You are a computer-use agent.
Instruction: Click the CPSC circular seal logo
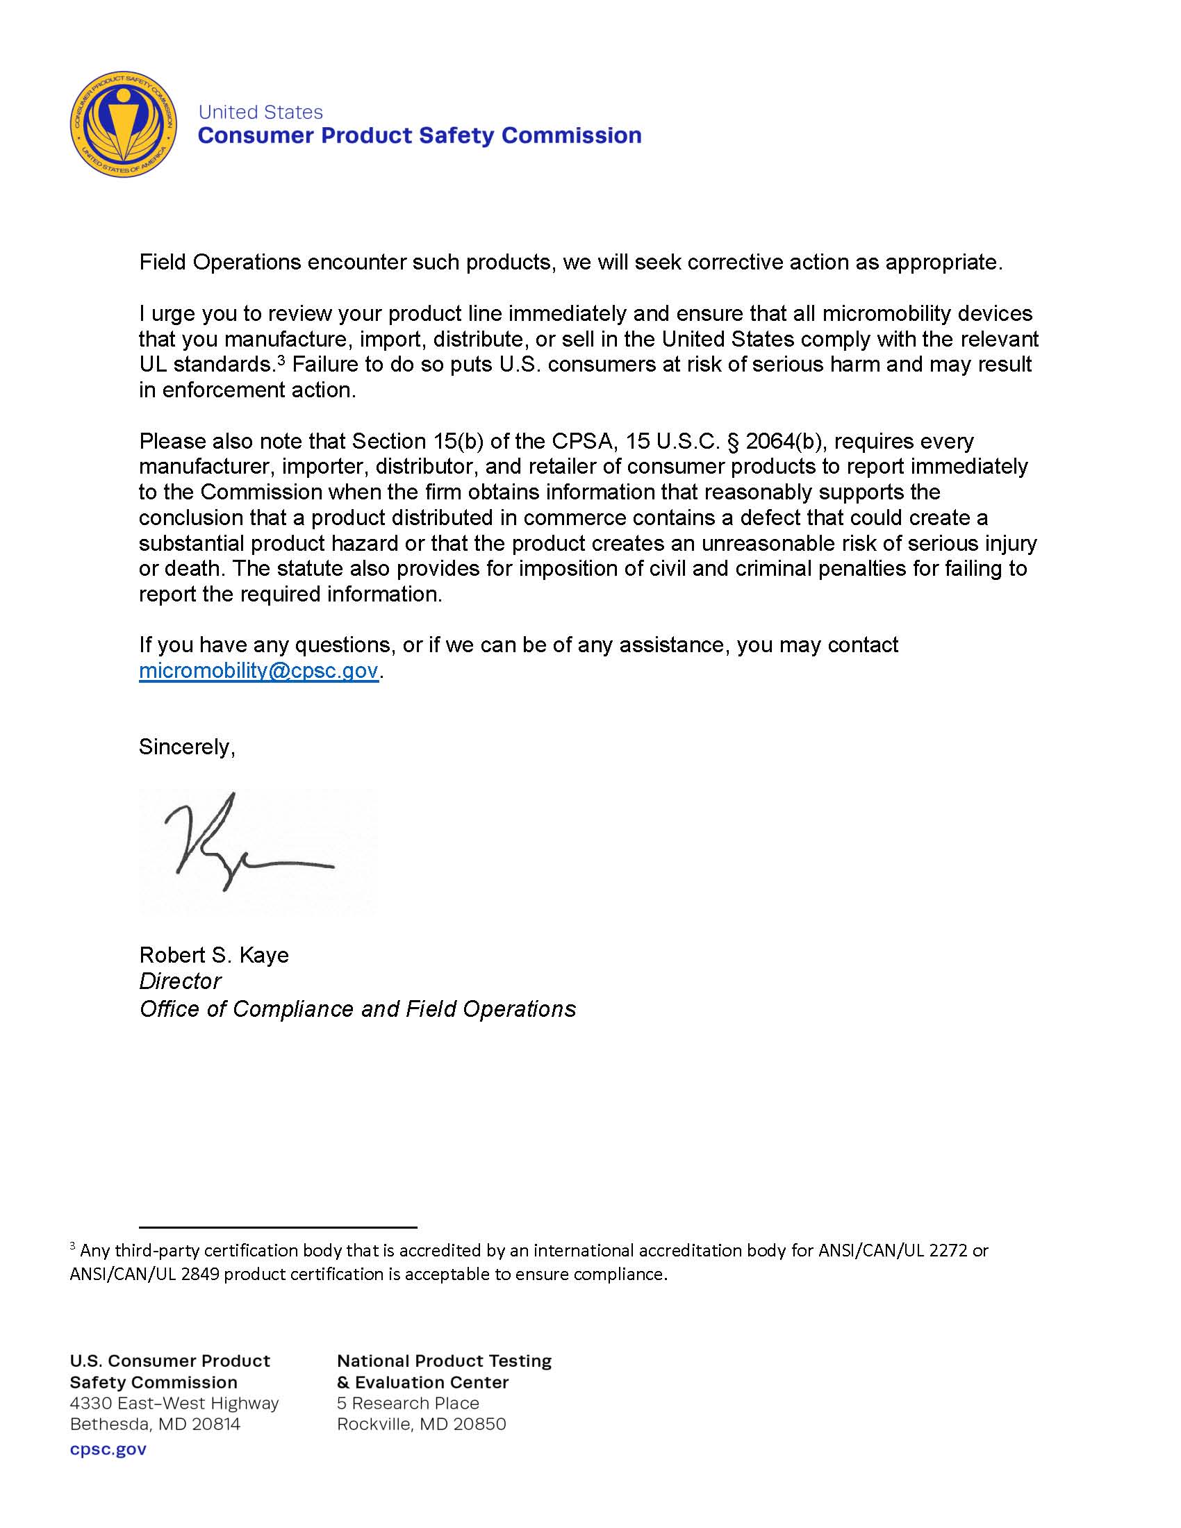(x=123, y=124)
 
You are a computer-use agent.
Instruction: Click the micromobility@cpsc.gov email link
(x=258, y=670)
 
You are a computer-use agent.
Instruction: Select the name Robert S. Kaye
(x=213, y=955)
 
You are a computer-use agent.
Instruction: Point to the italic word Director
(x=180, y=981)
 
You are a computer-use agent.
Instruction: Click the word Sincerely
(x=186, y=747)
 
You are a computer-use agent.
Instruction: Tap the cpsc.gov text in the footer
(x=108, y=1449)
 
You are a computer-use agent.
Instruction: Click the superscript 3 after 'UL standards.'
(x=281, y=360)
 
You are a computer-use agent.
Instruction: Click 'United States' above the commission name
(x=261, y=113)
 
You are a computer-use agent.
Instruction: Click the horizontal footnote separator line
(x=278, y=1227)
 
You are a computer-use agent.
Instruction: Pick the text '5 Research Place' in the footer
(x=408, y=1404)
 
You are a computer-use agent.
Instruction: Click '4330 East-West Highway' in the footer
(x=174, y=1404)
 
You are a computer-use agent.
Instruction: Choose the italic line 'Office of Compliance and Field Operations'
(x=358, y=1009)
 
